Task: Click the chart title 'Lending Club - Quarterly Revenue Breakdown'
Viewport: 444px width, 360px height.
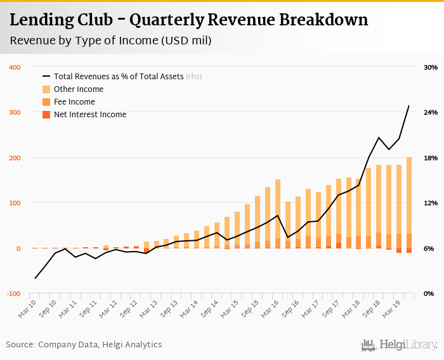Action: (188, 20)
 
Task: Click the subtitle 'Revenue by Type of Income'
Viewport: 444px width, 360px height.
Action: (110, 41)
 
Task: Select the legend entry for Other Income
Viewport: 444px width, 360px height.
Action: (79, 89)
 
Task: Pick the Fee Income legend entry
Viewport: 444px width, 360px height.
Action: (74, 102)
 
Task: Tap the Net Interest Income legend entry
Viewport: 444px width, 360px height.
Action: (90, 115)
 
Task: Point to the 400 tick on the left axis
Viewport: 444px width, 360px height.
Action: (14, 67)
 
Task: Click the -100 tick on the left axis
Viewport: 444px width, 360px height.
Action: (13, 294)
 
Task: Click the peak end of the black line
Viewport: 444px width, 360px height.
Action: (408, 106)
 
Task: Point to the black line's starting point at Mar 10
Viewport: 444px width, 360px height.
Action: (35, 278)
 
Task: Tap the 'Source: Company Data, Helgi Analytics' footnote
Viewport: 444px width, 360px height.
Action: (84, 345)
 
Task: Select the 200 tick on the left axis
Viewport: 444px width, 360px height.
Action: (14, 158)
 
